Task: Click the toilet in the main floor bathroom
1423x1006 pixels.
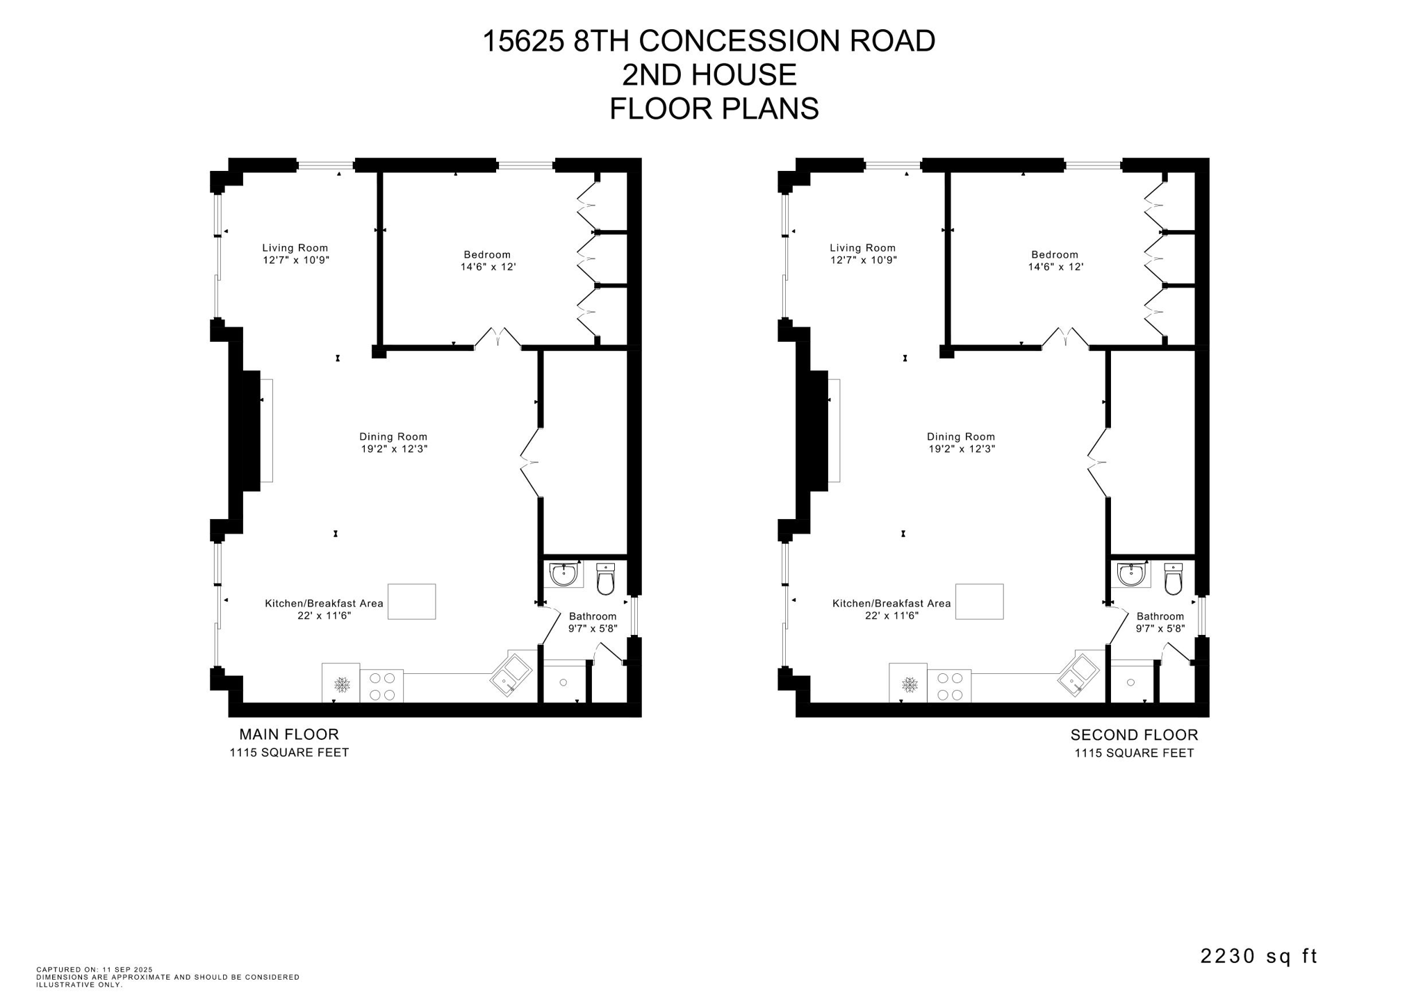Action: point(605,580)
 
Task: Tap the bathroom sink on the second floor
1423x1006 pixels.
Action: point(1131,575)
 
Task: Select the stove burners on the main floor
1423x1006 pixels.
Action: point(381,686)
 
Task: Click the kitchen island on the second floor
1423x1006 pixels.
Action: point(979,601)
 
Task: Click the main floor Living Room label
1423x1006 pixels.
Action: point(295,248)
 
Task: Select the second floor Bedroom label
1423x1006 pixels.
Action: point(1054,255)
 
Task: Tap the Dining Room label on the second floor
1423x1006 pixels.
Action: point(960,437)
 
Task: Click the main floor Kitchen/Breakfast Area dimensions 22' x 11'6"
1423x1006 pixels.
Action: point(324,616)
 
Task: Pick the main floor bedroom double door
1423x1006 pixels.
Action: point(497,338)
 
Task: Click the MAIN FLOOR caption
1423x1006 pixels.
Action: point(289,734)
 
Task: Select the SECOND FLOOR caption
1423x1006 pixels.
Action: point(1134,735)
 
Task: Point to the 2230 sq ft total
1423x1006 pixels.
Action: point(1258,956)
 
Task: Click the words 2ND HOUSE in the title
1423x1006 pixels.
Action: point(709,75)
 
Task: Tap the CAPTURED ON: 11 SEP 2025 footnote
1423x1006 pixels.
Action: point(94,969)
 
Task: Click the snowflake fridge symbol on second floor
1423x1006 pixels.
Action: point(909,685)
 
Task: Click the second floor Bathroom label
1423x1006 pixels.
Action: point(1160,616)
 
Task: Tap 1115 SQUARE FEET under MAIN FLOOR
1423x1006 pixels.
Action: point(289,752)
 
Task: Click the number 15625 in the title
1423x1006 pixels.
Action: point(523,41)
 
